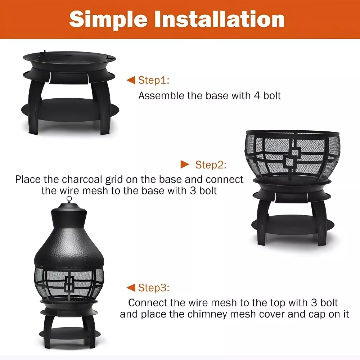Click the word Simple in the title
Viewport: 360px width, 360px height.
pyautogui.click(x=108, y=20)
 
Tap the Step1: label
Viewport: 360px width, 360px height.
pyautogui.click(x=154, y=80)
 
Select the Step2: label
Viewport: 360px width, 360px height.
pyautogui.click(x=211, y=165)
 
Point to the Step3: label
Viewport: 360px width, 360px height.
pyautogui.click(x=154, y=288)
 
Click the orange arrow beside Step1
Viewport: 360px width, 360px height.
pyautogui.click(x=131, y=80)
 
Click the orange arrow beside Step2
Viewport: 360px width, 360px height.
pyautogui.click(x=185, y=165)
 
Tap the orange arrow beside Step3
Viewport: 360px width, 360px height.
pyautogui.click(x=131, y=287)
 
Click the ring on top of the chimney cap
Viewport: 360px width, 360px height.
pyautogui.click(x=69, y=199)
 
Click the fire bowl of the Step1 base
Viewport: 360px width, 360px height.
pyautogui.click(x=69, y=60)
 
